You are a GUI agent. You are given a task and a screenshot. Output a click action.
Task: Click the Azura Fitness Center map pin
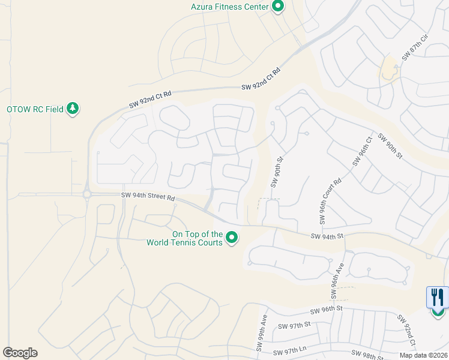pyautogui.click(x=278, y=7)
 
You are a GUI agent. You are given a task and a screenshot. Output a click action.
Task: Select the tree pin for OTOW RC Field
pyautogui.click(x=73, y=109)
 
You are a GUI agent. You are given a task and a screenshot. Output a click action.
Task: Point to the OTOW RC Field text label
pyautogui.click(x=34, y=110)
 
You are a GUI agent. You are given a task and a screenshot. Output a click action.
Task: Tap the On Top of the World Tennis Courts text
pyautogui.click(x=184, y=239)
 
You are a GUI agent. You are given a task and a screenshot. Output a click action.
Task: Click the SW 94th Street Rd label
pyautogui.click(x=148, y=196)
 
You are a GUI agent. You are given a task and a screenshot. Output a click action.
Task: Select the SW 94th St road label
pyautogui.click(x=327, y=236)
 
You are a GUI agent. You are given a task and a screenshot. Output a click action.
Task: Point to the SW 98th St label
pyautogui.click(x=367, y=355)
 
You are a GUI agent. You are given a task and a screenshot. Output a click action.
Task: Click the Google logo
pyautogui.click(x=20, y=353)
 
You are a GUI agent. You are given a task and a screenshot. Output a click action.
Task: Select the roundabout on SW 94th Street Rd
pyautogui.click(x=87, y=194)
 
